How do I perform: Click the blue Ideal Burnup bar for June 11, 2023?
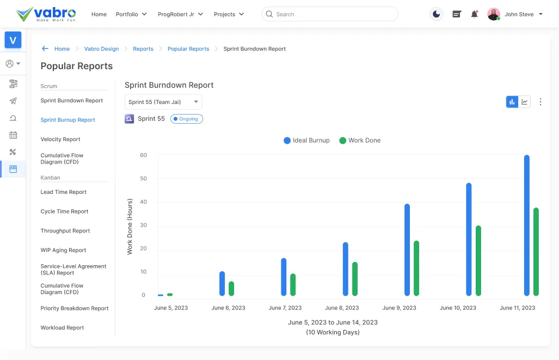click(526, 225)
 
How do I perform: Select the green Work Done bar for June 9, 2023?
click(416, 268)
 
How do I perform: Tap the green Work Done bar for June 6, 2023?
click(231, 289)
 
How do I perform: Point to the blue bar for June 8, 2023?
click(345, 269)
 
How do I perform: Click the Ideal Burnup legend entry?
click(306, 141)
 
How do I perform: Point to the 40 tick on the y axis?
click(144, 202)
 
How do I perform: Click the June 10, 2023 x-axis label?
click(458, 308)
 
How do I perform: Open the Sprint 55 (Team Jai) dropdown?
click(163, 102)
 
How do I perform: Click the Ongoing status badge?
click(186, 119)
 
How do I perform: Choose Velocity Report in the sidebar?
click(60, 139)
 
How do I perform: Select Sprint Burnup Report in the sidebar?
click(67, 120)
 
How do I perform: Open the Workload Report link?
click(62, 328)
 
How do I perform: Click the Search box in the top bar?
click(330, 14)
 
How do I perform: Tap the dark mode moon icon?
click(436, 14)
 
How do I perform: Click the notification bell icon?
click(474, 14)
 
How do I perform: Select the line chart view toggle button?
click(525, 102)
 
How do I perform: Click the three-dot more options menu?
click(540, 102)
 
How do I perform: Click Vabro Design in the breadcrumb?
click(101, 49)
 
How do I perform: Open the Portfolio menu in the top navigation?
click(131, 14)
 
